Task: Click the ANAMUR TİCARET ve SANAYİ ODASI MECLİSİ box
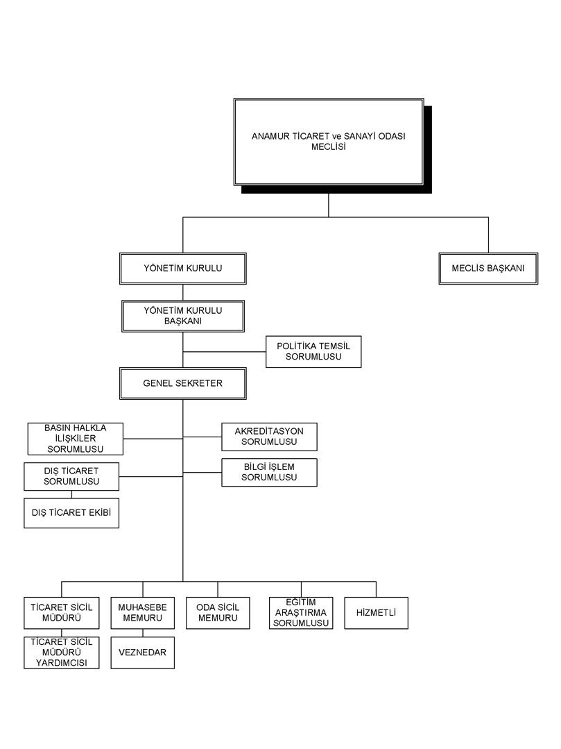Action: point(329,142)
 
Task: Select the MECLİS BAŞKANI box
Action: point(488,269)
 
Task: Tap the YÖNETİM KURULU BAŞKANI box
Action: point(183,316)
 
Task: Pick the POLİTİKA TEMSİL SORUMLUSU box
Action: point(313,351)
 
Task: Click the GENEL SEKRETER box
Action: point(182,384)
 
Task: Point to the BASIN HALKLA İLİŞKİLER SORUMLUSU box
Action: point(76,439)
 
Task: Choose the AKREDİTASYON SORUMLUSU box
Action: point(269,437)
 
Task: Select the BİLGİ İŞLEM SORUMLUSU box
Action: point(269,473)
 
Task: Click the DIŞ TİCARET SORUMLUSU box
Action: point(71,476)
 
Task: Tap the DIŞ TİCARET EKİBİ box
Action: point(71,513)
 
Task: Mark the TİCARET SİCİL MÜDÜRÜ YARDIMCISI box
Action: point(62,653)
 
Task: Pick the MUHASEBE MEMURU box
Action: point(143,613)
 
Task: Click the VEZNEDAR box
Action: point(143,653)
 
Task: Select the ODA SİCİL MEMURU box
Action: point(218,613)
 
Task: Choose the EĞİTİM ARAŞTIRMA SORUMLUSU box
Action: point(301,613)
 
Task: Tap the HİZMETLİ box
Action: point(377,613)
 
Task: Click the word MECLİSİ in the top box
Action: point(329,147)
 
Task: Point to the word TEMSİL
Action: point(334,346)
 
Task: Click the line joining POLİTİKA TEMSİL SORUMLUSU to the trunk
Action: point(224,352)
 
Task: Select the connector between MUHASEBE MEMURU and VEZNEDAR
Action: point(143,633)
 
